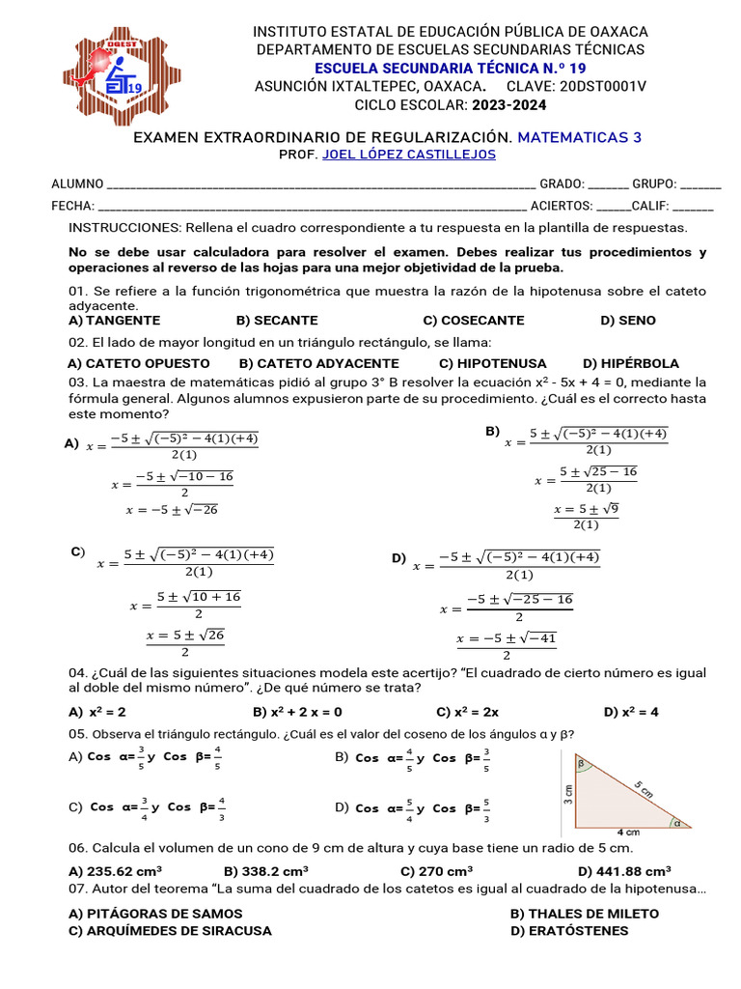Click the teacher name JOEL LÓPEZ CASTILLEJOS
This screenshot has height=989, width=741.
tap(409, 155)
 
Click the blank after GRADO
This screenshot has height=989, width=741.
tap(607, 184)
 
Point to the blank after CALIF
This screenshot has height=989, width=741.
tap(693, 206)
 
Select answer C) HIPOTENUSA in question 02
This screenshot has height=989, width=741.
tap(492, 364)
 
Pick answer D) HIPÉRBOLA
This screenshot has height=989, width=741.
tap(631, 364)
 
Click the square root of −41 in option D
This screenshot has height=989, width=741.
tap(539, 638)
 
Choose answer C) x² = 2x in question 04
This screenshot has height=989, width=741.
tap(467, 713)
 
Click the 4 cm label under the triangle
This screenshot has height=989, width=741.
tap(628, 832)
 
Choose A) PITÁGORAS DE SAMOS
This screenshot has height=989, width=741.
tap(155, 914)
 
